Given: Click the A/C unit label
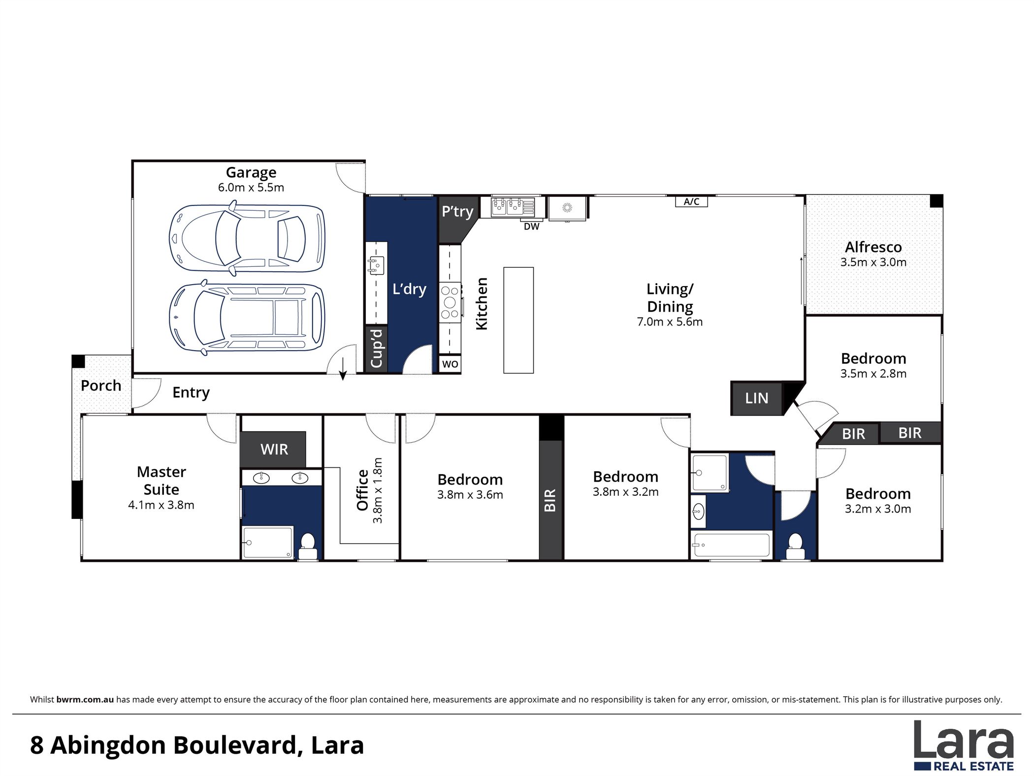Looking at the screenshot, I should pyautogui.click(x=691, y=202).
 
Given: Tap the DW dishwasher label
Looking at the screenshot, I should pyautogui.click(x=531, y=226).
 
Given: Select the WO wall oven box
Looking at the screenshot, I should pyautogui.click(x=450, y=364).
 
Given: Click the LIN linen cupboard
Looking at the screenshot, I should pyautogui.click(x=756, y=398).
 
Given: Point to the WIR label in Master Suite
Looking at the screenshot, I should pyautogui.click(x=274, y=449).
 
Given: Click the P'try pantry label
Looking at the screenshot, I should pyautogui.click(x=457, y=212).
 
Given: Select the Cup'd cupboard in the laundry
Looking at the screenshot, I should pyautogui.click(x=376, y=349).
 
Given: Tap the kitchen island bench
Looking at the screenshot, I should pyautogui.click(x=518, y=320).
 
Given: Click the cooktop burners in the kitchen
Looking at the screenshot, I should pyautogui.click(x=450, y=302).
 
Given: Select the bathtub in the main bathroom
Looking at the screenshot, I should pyautogui.click(x=730, y=545).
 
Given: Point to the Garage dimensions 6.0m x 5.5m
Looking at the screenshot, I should pyautogui.click(x=251, y=188).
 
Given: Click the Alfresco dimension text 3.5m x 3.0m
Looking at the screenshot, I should pyautogui.click(x=873, y=262).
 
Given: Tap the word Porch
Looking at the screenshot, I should pyautogui.click(x=101, y=386).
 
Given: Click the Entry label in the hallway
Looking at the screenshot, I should pyautogui.click(x=191, y=392).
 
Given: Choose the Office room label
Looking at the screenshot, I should pyautogui.click(x=363, y=490).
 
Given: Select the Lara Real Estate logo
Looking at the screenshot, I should pyautogui.click(x=964, y=744).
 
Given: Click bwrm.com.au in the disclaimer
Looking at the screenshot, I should pyautogui.click(x=85, y=699).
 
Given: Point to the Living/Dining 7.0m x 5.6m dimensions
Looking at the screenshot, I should pyautogui.click(x=670, y=322).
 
